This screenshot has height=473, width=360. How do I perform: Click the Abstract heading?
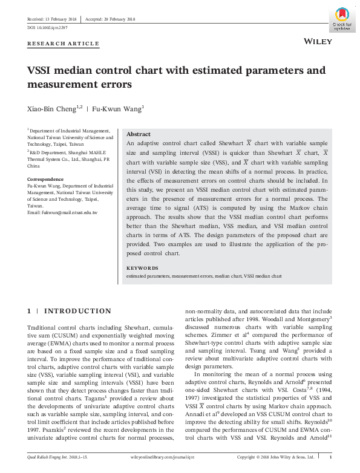(138, 134)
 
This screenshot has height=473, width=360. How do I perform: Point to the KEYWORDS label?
(142, 268)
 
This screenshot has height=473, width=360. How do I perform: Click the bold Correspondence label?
(45, 180)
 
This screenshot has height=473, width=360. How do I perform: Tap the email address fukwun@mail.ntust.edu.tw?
(62, 213)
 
